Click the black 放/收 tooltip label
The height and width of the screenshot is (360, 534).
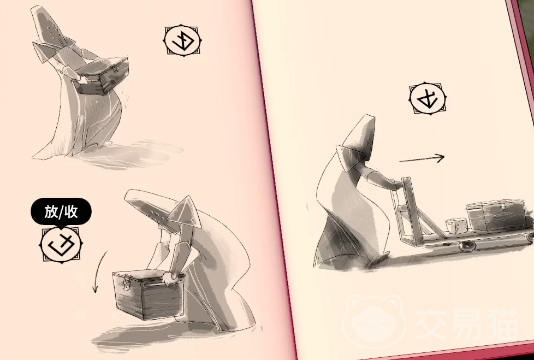(x=61, y=212)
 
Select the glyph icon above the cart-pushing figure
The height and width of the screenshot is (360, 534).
(x=428, y=99)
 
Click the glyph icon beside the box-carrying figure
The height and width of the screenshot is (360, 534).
(x=183, y=41)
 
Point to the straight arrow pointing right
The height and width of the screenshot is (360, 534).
(x=422, y=158)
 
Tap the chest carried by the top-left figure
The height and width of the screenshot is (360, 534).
(x=102, y=76)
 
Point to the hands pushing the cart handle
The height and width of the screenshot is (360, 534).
(x=397, y=184)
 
